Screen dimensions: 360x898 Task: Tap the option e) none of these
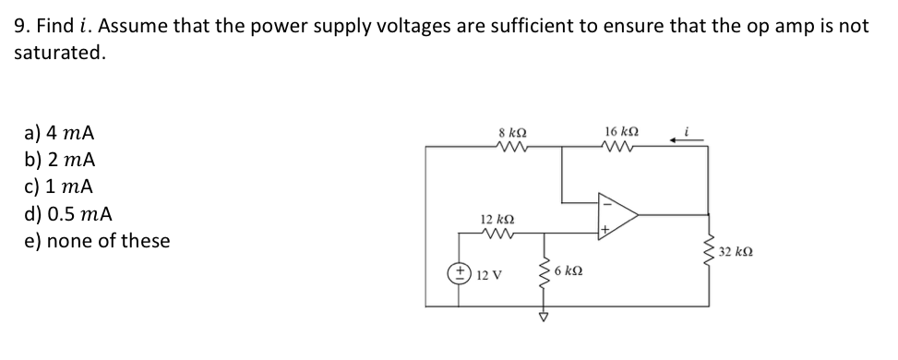[96, 241]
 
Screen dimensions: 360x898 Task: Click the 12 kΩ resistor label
[497, 219]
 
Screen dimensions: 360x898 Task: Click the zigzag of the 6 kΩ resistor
[545, 275]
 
